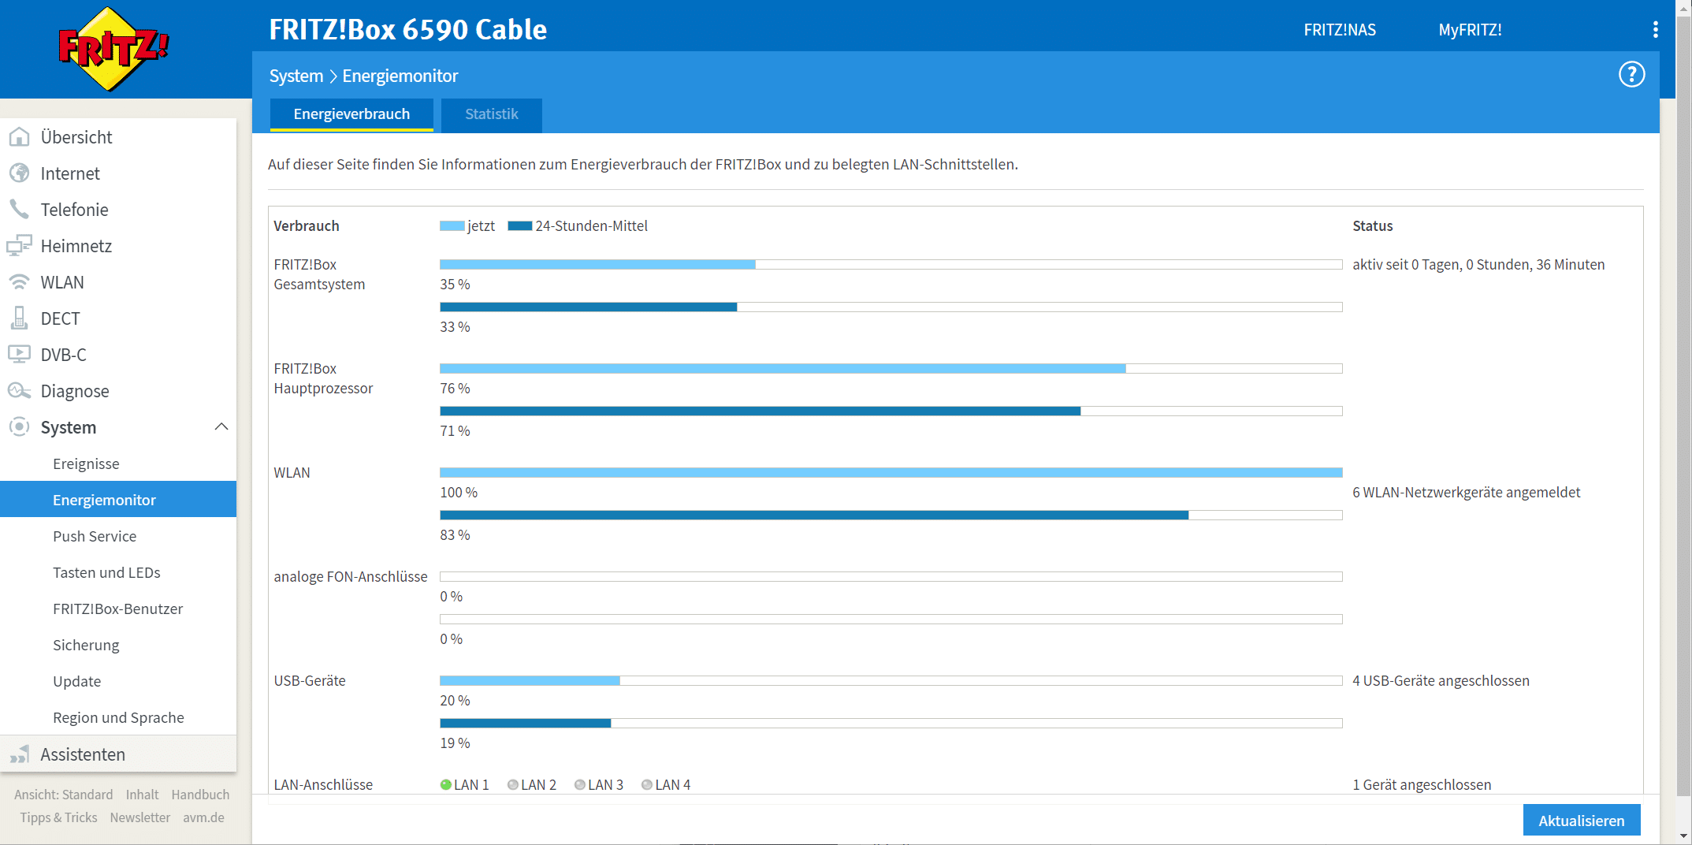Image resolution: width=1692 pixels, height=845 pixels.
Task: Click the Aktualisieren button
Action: (1581, 821)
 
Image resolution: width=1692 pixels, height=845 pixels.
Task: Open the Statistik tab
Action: (491, 114)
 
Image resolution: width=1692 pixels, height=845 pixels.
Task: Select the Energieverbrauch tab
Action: (351, 114)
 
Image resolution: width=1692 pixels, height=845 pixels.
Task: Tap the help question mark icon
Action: (1631, 75)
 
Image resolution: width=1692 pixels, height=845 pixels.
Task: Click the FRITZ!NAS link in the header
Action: (1340, 30)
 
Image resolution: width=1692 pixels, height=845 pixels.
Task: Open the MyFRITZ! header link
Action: (1470, 30)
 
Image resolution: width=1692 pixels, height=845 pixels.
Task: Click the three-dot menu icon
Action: (1655, 30)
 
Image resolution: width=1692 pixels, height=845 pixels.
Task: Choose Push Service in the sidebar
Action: (95, 536)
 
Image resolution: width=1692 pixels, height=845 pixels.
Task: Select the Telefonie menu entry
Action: (74, 210)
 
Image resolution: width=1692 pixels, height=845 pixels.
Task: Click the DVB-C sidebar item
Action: (63, 355)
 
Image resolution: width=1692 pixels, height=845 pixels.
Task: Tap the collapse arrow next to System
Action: (221, 426)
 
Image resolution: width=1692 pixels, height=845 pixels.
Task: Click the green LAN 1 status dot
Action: (446, 784)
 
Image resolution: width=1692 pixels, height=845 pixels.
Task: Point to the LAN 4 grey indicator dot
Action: (647, 784)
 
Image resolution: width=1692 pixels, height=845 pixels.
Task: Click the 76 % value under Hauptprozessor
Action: (455, 389)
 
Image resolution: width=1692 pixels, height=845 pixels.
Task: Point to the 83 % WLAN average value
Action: (455, 535)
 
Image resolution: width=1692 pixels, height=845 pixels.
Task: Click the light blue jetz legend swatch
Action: (452, 226)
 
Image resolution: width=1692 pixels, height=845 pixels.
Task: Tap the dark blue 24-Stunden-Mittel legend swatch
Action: (520, 226)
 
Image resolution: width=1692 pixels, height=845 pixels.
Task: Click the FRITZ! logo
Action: (113, 49)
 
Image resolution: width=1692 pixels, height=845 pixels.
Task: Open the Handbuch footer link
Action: (200, 795)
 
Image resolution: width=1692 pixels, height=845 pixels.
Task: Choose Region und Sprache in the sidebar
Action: (118, 717)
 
